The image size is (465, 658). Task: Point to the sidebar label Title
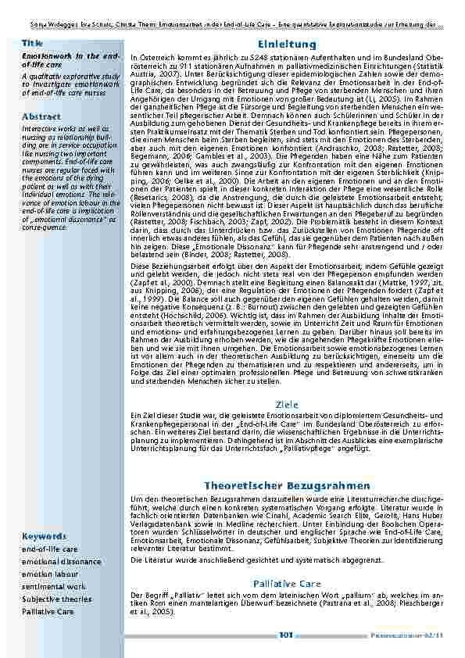pyautogui.click(x=32, y=42)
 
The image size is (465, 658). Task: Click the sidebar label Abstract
pyautogui.click(x=41, y=116)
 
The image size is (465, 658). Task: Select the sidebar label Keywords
pyautogui.click(x=43, y=536)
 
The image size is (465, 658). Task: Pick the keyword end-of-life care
pyautogui.click(x=49, y=549)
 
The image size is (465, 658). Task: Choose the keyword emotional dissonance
pyautogui.click(x=61, y=562)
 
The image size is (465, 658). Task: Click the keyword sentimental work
pyautogui.click(x=53, y=586)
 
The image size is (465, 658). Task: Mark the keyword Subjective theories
pyautogui.click(x=56, y=599)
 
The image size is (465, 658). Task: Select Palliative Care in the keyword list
pyautogui.click(x=49, y=610)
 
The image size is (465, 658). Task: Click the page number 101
pyautogui.click(x=285, y=635)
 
